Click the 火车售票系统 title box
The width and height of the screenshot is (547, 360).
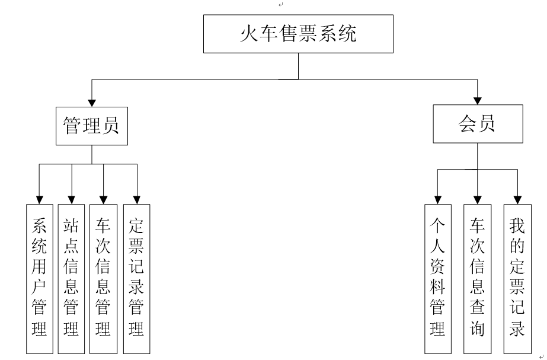coord(298,34)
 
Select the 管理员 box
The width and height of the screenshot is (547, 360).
coord(91,126)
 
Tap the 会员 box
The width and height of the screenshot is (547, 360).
coord(478,124)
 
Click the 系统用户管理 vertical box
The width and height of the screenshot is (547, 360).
coord(40,278)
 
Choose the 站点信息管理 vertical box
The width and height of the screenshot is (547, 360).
coord(71,278)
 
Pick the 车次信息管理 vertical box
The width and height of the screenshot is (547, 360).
coord(103,278)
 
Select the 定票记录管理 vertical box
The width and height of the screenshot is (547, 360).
coord(136,278)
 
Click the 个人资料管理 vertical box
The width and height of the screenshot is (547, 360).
coord(437,278)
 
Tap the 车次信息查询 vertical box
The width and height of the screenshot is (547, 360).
coord(477,278)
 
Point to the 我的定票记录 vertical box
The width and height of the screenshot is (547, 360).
coord(517,278)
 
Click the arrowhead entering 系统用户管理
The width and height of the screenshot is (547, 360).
coord(40,199)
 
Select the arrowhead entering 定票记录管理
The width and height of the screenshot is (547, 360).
coord(137,199)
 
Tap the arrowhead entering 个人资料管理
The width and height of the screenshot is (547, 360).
coord(437,199)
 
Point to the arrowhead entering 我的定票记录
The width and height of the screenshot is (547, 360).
coord(517,199)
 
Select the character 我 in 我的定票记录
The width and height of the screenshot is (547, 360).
coord(517,226)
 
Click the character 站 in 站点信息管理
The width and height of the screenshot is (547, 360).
coord(71,226)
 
